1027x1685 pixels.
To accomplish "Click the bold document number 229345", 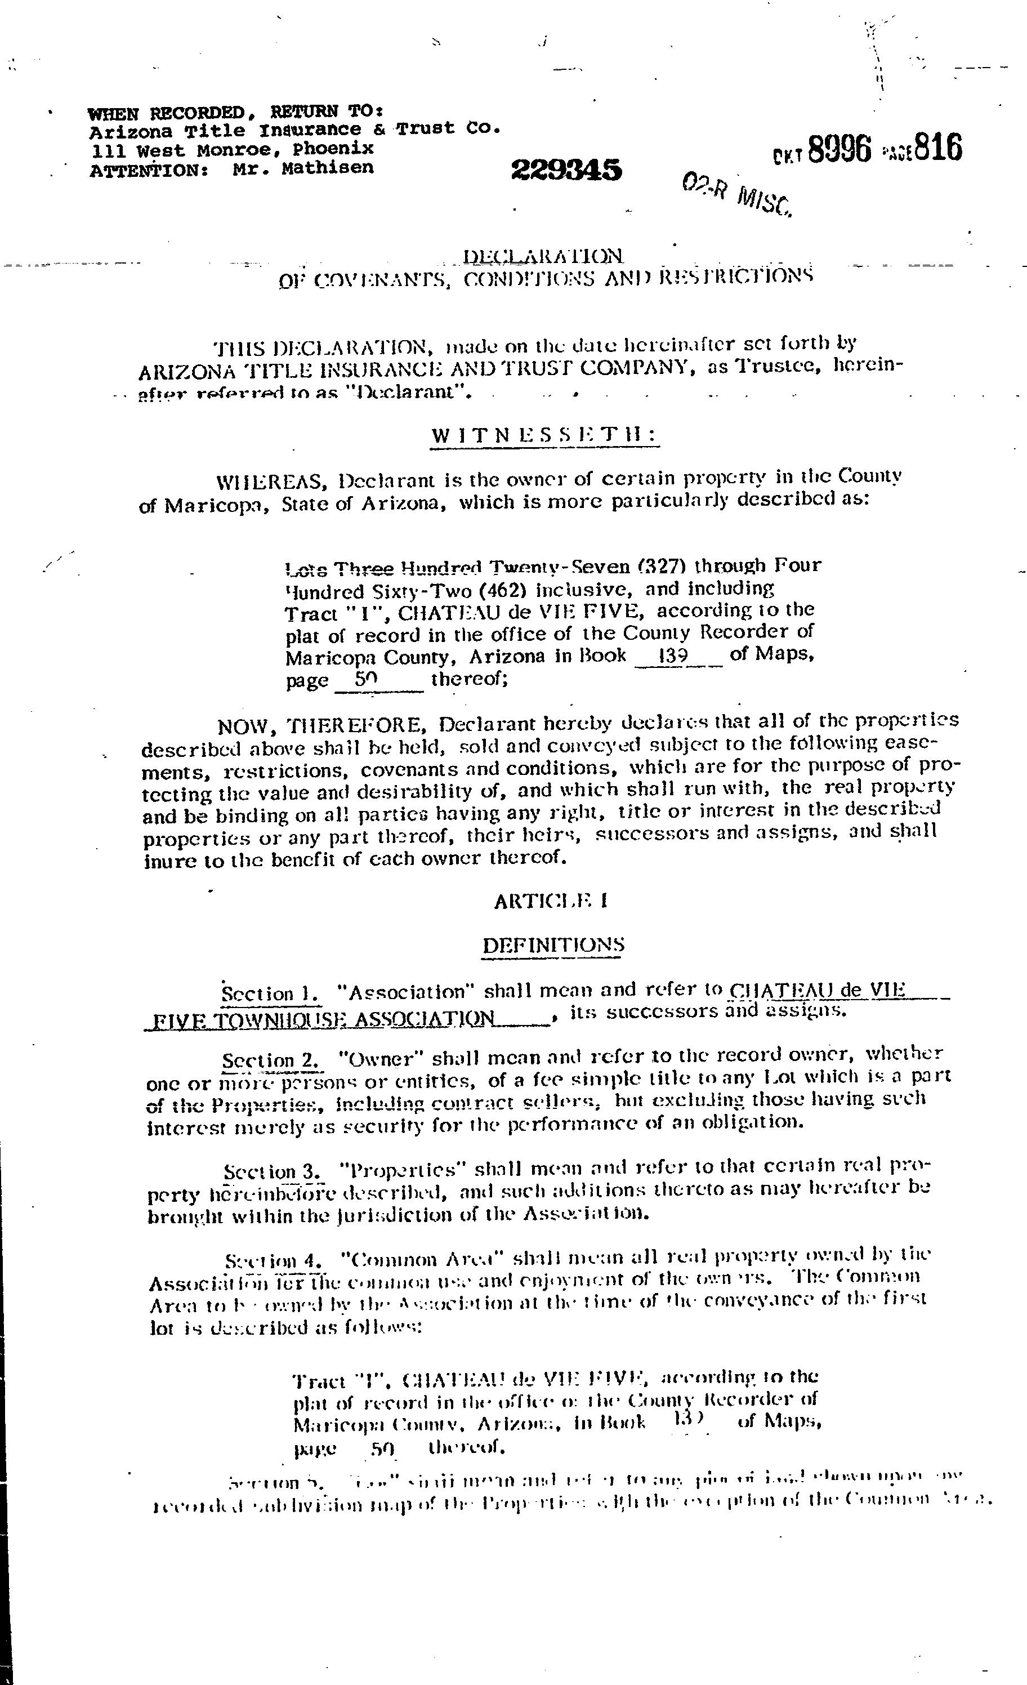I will [x=566, y=170].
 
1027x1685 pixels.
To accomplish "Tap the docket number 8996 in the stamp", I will [x=839, y=149].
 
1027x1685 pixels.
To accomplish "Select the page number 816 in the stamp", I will [x=938, y=147].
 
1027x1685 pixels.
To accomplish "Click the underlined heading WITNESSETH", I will [x=543, y=436].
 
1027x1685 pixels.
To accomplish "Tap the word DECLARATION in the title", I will [x=543, y=256].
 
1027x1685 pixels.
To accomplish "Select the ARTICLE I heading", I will [x=551, y=901].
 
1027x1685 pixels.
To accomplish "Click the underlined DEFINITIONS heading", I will [x=552, y=945].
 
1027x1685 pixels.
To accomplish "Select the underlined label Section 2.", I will [x=271, y=1060].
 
